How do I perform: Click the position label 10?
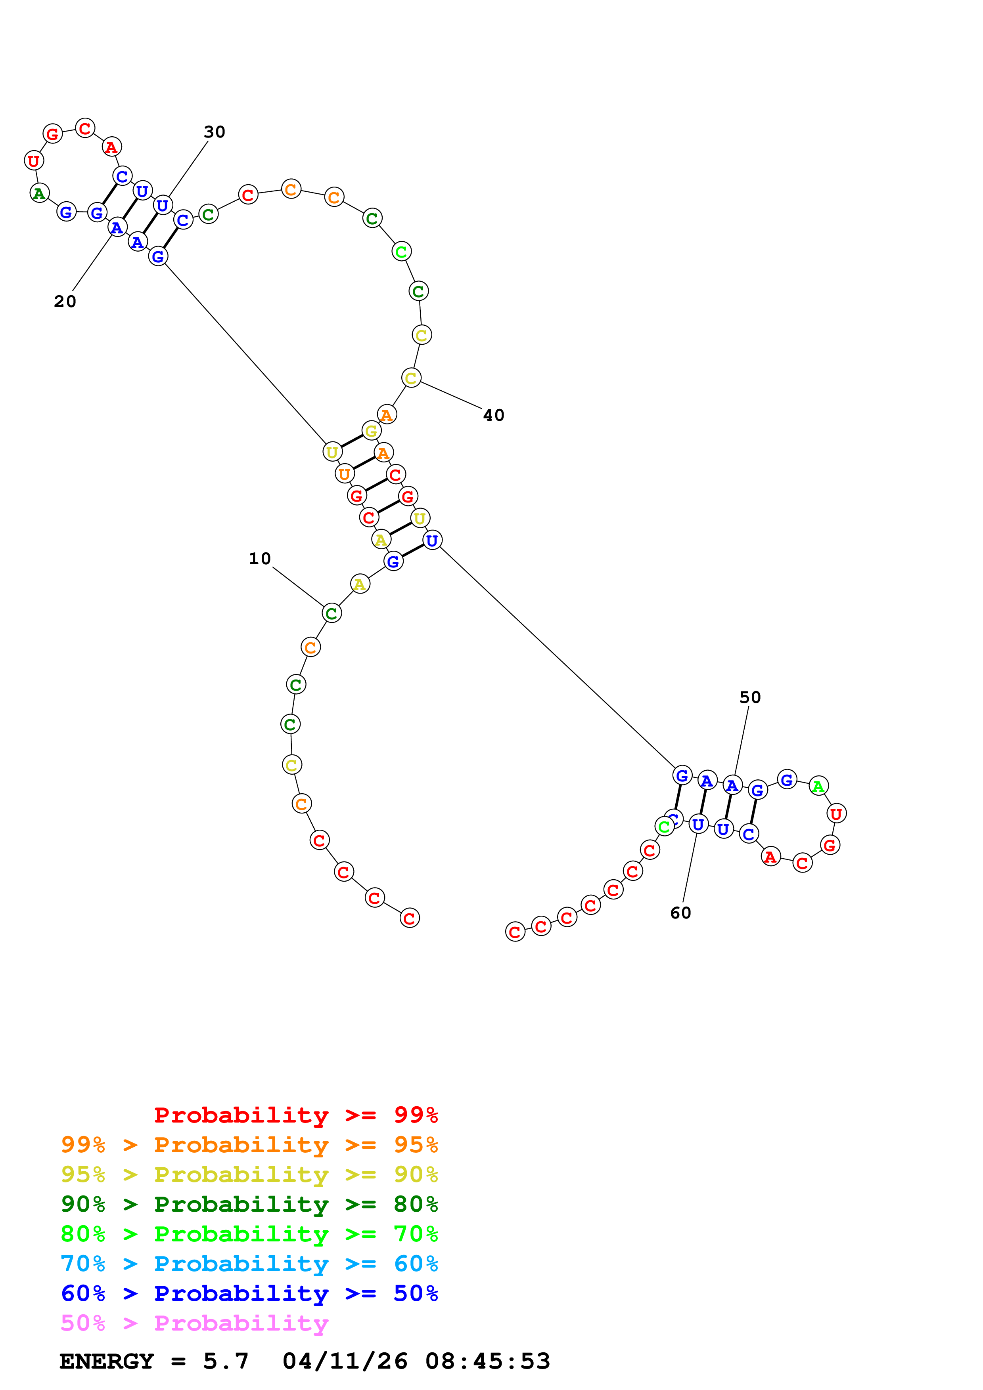click(259, 558)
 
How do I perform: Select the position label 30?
click(215, 132)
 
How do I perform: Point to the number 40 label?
click(494, 415)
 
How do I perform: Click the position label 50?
click(750, 697)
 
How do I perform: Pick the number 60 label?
click(680, 913)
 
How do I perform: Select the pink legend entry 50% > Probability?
click(194, 1323)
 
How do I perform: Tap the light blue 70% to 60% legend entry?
click(249, 1264)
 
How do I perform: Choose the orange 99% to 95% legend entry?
click(249, 1145)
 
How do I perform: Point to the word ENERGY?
click(107, 1361)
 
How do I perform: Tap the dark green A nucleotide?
click(39, 194)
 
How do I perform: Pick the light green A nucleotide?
click(818, 786)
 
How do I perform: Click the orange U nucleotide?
click(344, 474)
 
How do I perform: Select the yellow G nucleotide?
click(371, 430)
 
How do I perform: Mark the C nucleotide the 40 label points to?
click(411, 378)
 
